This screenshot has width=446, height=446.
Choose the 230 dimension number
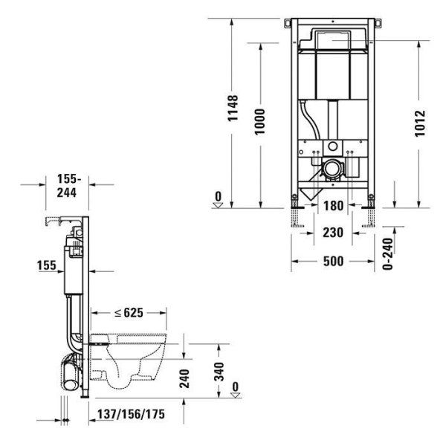point(334,233)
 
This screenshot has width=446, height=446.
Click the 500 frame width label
point(334,262)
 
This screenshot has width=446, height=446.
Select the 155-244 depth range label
point(68,184)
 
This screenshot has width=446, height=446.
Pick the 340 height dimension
point(219,372)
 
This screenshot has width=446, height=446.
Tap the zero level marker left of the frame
point(218,198)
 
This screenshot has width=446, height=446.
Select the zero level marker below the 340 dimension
point(236,389)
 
